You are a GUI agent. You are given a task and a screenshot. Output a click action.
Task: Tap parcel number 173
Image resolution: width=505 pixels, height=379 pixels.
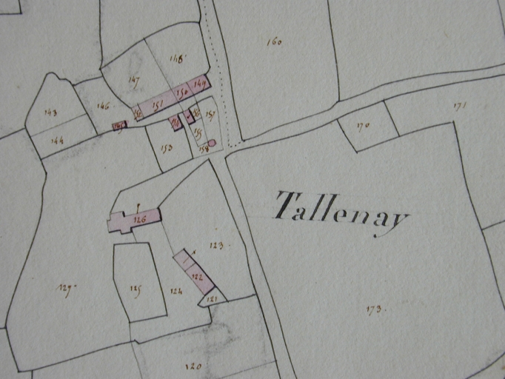[x=373, y=309]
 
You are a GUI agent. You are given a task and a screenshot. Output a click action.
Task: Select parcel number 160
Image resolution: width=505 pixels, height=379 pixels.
[x=274, y=42]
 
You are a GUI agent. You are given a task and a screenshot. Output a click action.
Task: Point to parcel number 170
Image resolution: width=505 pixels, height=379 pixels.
[x=363, y=127]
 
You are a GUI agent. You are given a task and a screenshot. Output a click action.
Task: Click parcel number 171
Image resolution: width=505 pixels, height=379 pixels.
[x=460, y=107]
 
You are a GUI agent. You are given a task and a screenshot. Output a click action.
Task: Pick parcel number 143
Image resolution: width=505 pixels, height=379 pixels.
[x=51, y=113]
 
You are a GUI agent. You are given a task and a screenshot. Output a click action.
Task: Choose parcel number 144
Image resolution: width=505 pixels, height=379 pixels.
[x=57, y=140]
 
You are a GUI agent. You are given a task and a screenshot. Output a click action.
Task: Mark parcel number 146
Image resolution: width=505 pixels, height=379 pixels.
[x=103, y=107]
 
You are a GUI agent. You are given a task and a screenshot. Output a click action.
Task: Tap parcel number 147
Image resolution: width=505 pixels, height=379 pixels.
[x=133, y=80]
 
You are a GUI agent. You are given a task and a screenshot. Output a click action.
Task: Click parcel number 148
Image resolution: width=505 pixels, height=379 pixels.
[x=175, y=58]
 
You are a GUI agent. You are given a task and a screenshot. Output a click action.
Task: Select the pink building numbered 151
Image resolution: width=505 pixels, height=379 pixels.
[x=158, y=106]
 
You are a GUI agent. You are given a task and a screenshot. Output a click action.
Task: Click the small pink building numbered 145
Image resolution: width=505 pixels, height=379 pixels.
[x=118, y=126]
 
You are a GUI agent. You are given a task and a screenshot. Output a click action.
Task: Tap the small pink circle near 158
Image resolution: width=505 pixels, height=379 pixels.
[x=212, y=143]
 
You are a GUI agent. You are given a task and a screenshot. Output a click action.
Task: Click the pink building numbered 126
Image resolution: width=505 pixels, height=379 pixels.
[x=138, y=219]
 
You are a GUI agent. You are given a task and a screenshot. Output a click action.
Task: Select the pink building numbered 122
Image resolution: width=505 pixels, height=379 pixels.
[x=196, y=276]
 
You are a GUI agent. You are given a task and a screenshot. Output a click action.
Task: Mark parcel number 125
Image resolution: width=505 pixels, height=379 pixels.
[x=136, y=289]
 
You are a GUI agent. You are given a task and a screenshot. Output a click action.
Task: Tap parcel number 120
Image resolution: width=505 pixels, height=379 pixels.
[x=193, y=365]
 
